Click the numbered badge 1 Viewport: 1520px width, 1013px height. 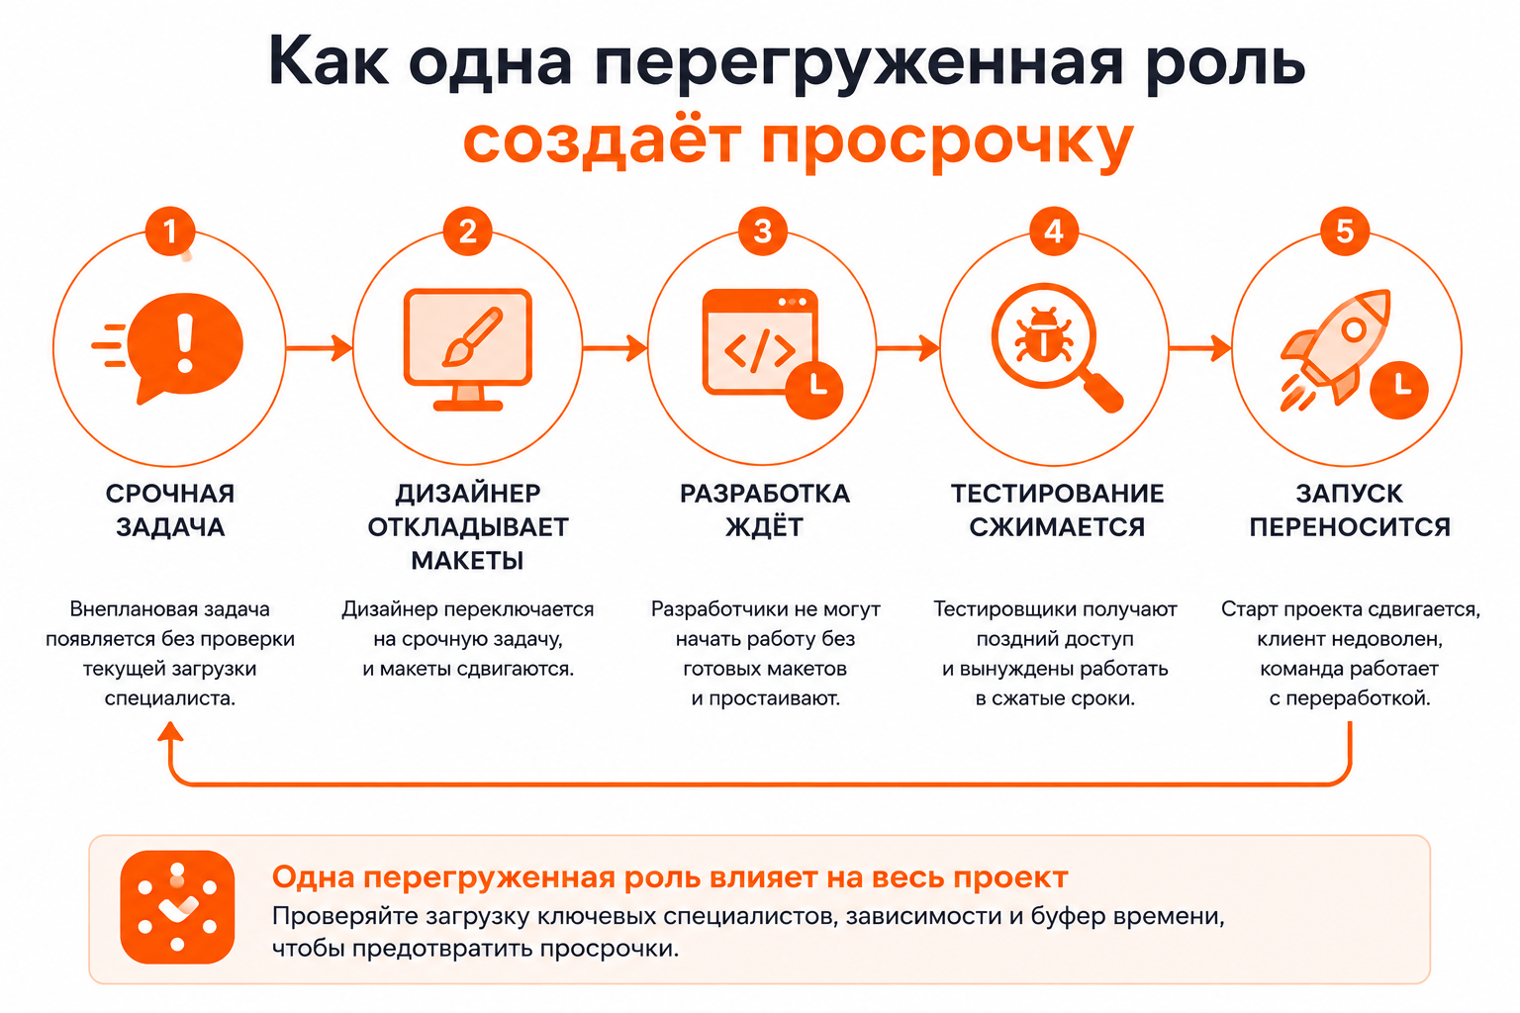pos(169,231)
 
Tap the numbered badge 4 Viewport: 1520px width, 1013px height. pos(1054,231)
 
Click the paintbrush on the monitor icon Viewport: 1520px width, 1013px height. pos(472,337)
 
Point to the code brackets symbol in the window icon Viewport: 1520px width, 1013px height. pos(760,351)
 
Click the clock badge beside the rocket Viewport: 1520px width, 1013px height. pos(1399,390)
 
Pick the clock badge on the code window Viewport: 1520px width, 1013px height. pos(814,390)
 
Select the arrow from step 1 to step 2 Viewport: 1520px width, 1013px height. pos(319,348)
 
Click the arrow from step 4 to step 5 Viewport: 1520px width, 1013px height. pos(1199,348)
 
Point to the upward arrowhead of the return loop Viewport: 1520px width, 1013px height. pos(170,731)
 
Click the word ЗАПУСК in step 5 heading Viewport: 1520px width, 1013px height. pos(1349,494)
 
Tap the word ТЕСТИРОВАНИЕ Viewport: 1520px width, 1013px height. pos(1057,494)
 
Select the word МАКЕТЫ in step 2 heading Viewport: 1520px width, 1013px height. pos(467,561)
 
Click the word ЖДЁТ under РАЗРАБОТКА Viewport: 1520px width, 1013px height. pos(765,526)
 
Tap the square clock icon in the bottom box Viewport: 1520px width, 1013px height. pos(177,907)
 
